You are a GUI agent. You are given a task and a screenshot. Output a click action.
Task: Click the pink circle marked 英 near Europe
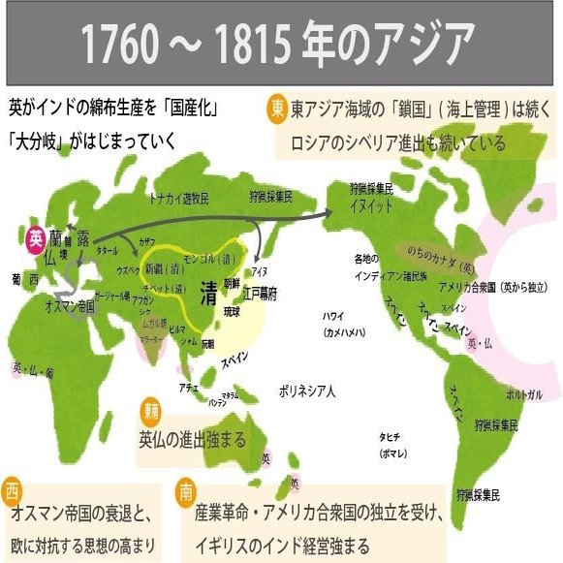point(36,236)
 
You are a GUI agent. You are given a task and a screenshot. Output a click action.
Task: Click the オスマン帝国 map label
point(69,304)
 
